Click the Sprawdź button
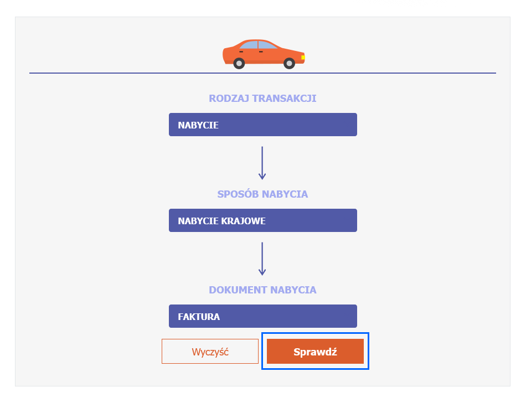(315, 351)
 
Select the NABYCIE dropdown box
(262, 125)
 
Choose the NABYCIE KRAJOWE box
(262, 220)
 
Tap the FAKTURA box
(262, 316)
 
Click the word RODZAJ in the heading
(229, 99)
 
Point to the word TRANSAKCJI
(284, 99)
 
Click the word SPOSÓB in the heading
(238, 194)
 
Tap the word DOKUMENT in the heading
(238, 290)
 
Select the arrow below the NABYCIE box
(262, 163)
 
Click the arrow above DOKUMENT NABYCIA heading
(262, 259)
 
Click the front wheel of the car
(289, 63)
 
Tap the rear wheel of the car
(239, 63)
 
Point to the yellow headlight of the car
(303, 58)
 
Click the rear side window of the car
(249, 45)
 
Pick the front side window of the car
(266, 45)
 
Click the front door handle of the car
(261, 51)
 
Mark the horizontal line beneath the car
(262, 73)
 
